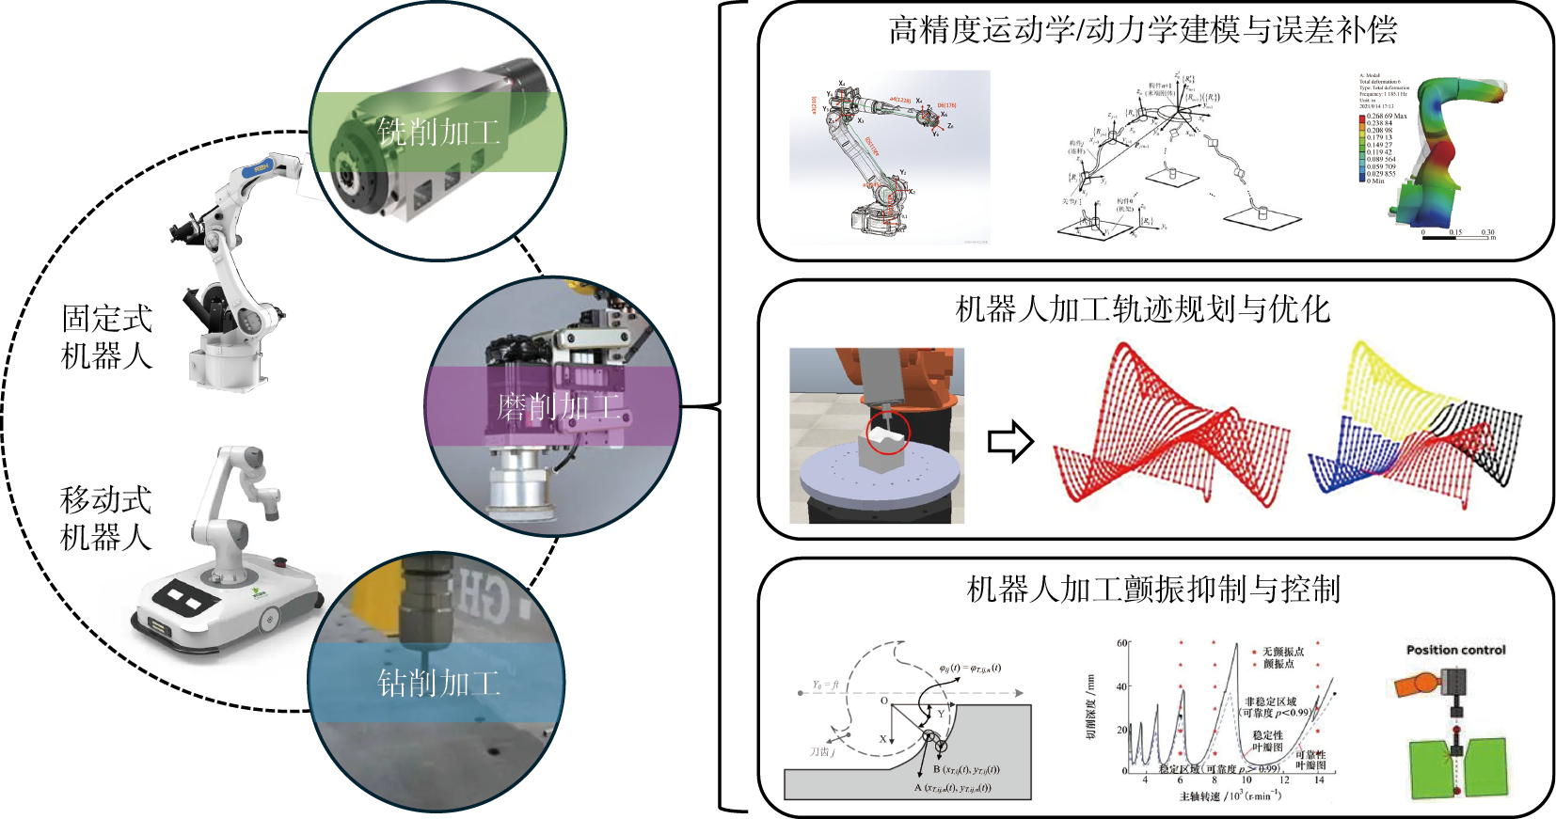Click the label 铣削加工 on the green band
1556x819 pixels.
[438, 132]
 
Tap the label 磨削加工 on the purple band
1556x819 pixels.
[559, 407]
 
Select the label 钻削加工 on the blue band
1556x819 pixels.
[438, 683]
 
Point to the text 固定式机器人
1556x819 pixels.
[106, 337]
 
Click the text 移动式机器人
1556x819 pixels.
[105, 518]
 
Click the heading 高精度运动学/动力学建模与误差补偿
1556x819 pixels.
[1142, 30]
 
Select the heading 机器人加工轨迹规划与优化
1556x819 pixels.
[1142, 308]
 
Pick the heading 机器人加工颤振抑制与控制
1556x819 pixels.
[1153, 590]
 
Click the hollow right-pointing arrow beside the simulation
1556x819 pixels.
[1010, 441]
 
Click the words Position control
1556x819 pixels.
[1455, 650]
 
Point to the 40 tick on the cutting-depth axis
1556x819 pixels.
[1121, 686]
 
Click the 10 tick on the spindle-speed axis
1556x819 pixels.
[1246, 780]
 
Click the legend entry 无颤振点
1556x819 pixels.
[1282, 652]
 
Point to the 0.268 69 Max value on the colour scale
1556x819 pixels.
[1387, 117]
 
